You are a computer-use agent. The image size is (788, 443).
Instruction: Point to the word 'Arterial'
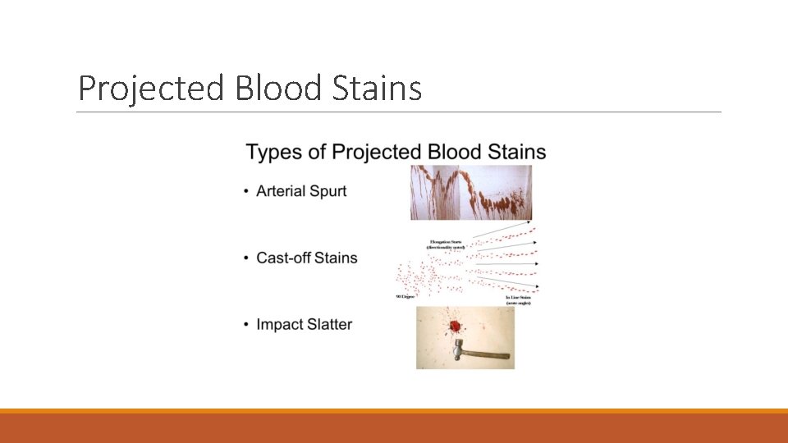click(281, 191)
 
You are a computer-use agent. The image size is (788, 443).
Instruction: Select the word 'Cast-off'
click(284, 258)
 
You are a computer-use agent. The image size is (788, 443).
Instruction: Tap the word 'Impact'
click(280, 325)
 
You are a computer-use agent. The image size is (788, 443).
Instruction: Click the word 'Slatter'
click(330, 324)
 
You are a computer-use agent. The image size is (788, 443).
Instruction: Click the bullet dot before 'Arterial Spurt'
click(247, 192)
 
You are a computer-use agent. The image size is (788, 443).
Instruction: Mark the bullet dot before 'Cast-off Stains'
click(247, 258)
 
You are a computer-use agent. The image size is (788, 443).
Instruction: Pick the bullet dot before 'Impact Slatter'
click(247, 325)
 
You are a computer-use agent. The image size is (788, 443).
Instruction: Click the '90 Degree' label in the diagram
click(407, 296)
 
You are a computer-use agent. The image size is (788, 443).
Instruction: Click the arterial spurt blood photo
click(470, 193)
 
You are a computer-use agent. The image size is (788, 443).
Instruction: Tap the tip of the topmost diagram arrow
click(529, 222)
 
